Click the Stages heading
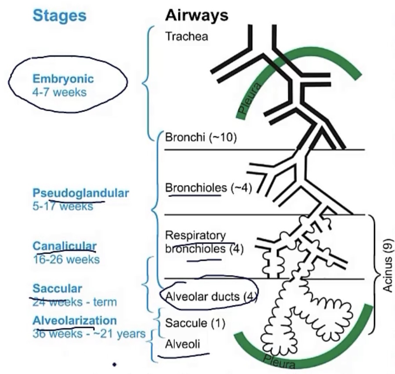click(59, 16)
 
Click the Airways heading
click(197, 16)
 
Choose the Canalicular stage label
click(65, 245)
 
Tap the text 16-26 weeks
click(66, 259)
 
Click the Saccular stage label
click(57, 289)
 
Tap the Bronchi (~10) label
click(201, 138)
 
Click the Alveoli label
click(183, 345)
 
